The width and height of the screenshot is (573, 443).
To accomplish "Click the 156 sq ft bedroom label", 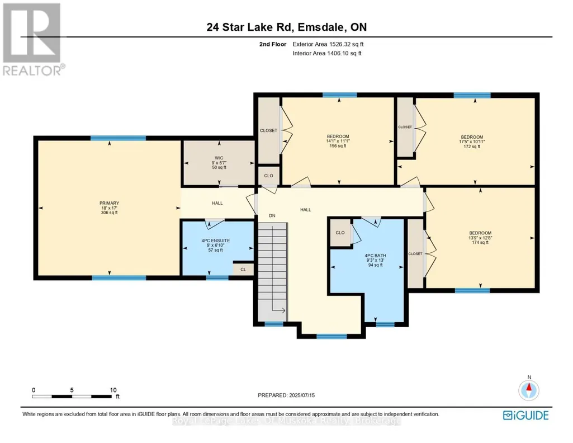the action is coord(338,141).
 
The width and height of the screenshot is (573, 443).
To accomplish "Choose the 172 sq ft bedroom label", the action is coord(472,142).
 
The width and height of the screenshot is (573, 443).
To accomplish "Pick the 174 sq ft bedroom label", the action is coord(480,238).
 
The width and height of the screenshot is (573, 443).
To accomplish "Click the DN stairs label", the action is coord(272,216).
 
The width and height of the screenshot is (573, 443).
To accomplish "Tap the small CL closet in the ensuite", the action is coord(243,270).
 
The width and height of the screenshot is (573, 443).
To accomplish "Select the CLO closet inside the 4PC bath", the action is coord(340,233).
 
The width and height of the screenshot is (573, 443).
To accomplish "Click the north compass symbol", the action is coord(529,390).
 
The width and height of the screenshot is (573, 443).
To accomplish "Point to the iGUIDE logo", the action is coord(526,415).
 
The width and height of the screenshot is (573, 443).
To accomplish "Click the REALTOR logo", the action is coord(32,40).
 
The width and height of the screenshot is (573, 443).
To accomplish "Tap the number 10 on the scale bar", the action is coord(113,390).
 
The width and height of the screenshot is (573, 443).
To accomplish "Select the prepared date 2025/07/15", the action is coord(302,395).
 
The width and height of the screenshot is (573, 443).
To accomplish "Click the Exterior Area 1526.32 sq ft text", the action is coord(328,44).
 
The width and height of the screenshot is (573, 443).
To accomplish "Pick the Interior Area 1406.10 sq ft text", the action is coord(327,53).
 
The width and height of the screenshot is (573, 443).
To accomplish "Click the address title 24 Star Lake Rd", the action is coord(250,27).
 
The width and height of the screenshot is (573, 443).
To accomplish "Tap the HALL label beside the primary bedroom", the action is coord(217,203).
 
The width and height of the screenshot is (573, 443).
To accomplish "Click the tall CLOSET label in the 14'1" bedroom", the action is coord(268,130).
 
